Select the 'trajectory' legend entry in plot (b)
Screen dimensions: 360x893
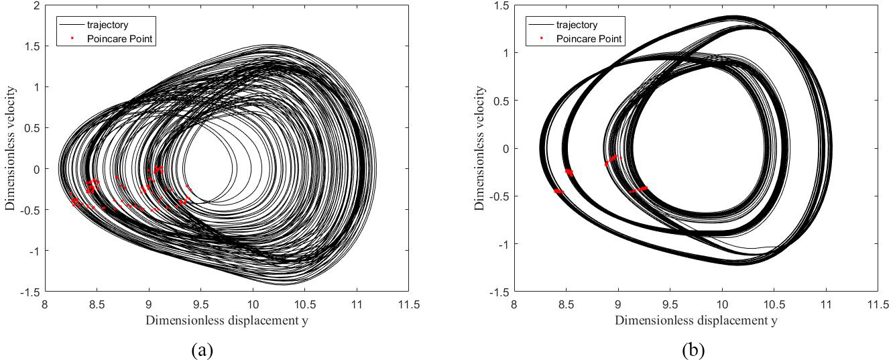tap(577, 25)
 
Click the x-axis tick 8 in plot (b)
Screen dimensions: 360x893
tap(514, 304)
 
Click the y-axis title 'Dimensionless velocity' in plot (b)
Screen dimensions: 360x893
tap(479, 149)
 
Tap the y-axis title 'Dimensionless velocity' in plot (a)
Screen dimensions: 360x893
tap(11, 149)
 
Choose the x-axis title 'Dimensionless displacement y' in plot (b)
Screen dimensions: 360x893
tap(696, 320)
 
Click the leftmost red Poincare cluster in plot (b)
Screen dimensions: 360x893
tap(558, 191)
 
